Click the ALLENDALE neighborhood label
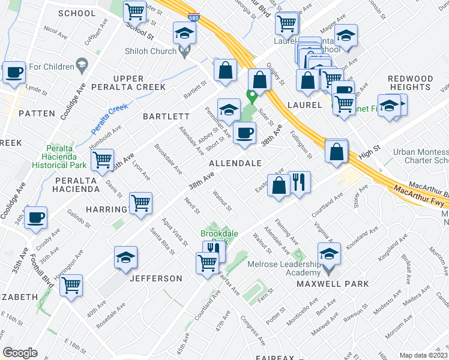[235, 163]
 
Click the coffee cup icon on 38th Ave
[244, 134]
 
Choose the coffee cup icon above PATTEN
[14, 73]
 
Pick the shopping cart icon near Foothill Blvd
[71, 286]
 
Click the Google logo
[20, 353]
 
